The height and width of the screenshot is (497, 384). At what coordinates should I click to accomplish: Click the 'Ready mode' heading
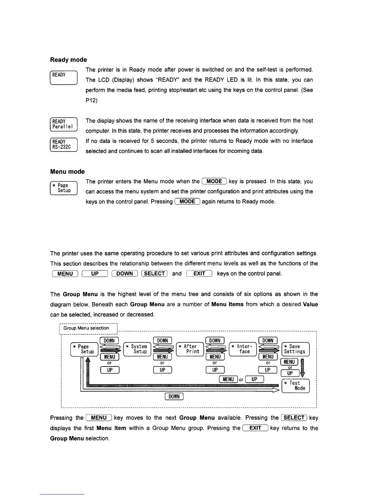(x=68, y=60)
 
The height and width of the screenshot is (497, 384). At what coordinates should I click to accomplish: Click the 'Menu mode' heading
(x=67, y=171)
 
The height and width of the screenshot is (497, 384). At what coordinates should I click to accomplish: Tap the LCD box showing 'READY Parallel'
(x=63, y=124)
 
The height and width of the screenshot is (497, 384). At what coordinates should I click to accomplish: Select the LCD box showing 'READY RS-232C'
(x=63, y=144)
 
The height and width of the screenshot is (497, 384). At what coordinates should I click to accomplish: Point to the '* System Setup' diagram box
(x=137, y=349)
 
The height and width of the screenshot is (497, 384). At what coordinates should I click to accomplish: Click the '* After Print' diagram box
(x=190, y=349)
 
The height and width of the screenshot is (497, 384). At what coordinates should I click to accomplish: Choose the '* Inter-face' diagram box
(x=243, y=349)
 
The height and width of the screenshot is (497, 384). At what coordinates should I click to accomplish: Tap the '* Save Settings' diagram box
(x=296, y=349)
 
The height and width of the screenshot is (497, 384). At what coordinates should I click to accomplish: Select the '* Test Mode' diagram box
(x=296, y=386)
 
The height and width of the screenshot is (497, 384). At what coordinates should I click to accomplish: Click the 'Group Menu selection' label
(x=86, y=328)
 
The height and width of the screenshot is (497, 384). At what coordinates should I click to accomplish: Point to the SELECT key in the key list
(x=154, y=274)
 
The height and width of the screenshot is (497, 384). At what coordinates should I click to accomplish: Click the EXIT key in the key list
(x=199, y=274)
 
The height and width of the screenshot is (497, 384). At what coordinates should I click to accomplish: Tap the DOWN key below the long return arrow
(x=174, y=397)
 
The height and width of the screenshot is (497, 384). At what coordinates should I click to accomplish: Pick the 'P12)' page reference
(x=91, y=100)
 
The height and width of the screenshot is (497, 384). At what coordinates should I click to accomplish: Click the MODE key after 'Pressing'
(x=187, y=201)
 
